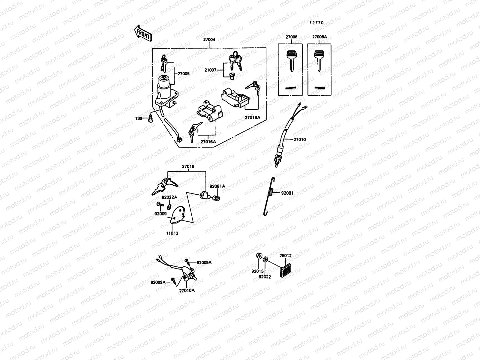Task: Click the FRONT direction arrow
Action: (x=143, y=34)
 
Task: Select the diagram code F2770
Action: (x=317, y=23)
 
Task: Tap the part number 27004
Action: (x=209, y=39)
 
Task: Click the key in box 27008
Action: (x=291, y=60)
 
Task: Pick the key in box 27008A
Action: (x=319, y=60)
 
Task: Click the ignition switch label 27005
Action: (x=184, y=73)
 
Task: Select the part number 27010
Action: (x=300, y=139)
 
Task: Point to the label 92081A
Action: (x=217, y=186)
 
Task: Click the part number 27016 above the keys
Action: (x=188, y=166)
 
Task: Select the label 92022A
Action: (x=169, y=197)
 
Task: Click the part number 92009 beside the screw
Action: (x=160, y=214)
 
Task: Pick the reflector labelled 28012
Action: (x=286, y=270)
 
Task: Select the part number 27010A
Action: (x=187, y=290)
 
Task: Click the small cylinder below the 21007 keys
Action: (x=231, y=76)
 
